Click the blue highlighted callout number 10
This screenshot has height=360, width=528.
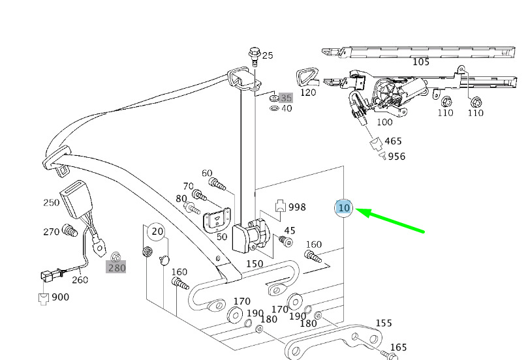344,208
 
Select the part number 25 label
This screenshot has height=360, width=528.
268,55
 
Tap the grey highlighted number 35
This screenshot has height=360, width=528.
286,98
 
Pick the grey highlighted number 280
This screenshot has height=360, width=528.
117,267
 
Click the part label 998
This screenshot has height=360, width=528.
297,207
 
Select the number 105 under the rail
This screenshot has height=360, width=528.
421,62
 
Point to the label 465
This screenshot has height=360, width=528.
394,141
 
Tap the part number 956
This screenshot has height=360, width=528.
397,156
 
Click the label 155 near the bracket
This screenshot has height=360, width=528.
384,323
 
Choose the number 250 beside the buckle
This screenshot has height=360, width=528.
52,202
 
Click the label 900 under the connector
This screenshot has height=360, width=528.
60,297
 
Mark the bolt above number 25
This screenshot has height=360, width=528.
253,53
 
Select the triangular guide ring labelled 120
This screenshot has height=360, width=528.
306,77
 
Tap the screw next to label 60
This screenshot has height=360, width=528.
217,185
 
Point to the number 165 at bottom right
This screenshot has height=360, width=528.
398,348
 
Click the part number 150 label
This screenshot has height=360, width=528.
255,263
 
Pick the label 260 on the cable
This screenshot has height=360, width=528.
79,280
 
